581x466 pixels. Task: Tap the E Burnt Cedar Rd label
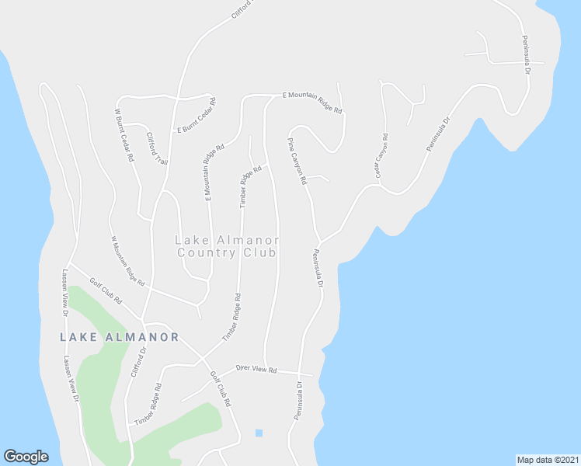click(x=197, y=116)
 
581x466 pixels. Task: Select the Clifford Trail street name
click(x=158, y=148)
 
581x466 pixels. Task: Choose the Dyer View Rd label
click(x=256, y=370)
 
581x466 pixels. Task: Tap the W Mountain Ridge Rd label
click(x=128, y=261)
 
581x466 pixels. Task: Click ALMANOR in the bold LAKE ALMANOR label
click(x=140, y=337)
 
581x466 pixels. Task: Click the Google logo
click(x=26, y=457)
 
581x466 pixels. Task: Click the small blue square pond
click(x=259, y=433)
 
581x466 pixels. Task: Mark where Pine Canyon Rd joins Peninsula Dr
click(x=319, y=241)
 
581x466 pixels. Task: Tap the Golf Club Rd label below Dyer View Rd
click(x=221, y=389)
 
